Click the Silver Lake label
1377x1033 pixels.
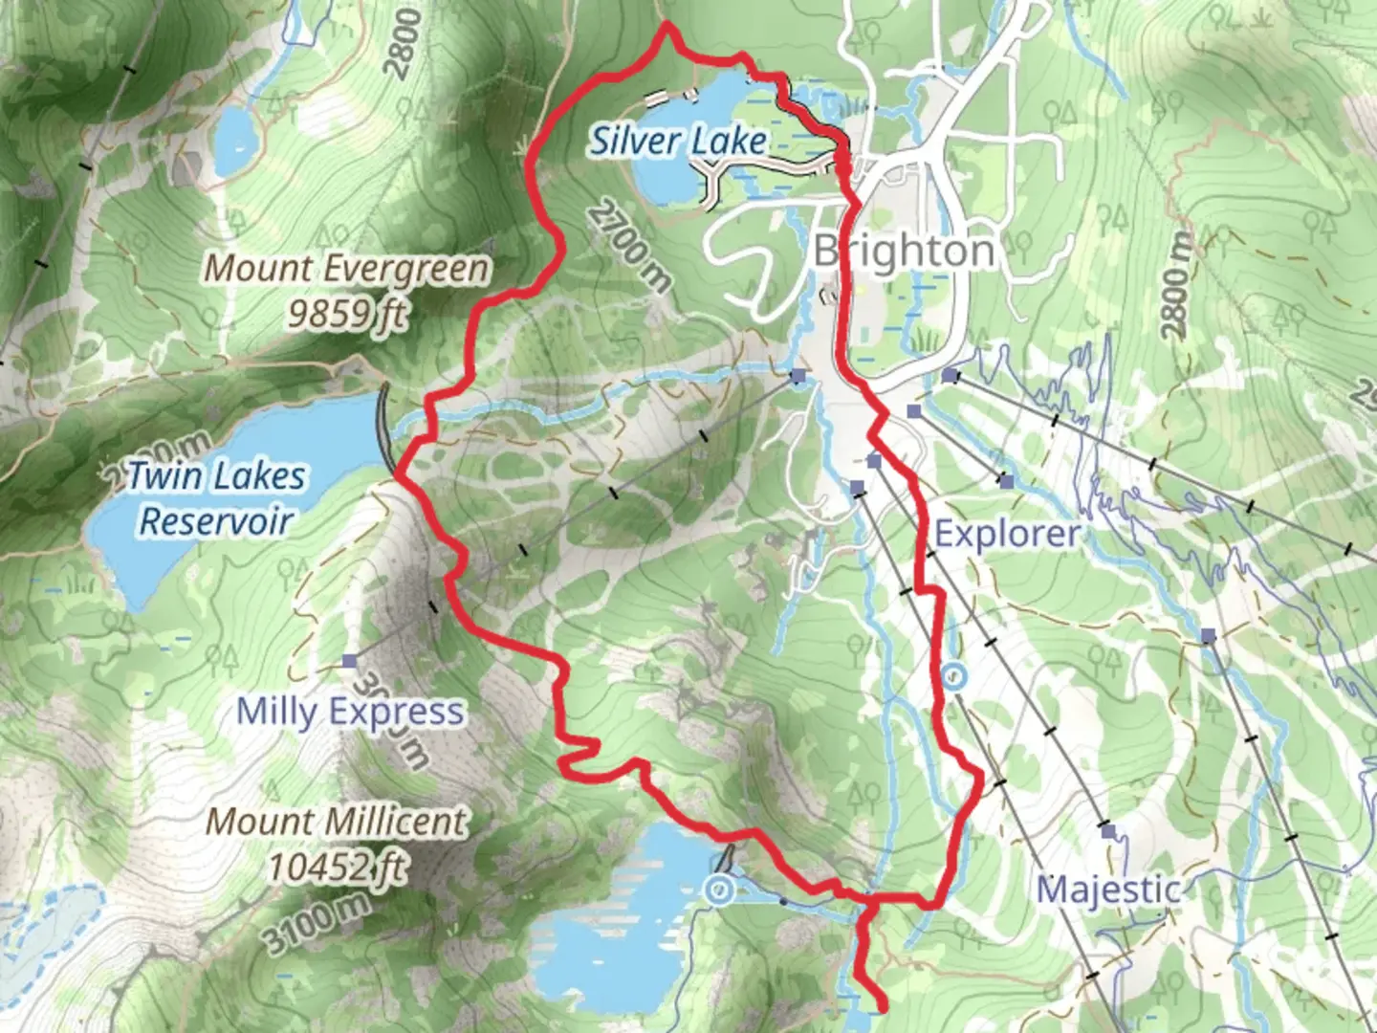pyautogui.click(x=677, y=142)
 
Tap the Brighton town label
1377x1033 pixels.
pyautogui.click(x=904, y=252)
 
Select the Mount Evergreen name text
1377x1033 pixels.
pyautogui.click(x=346, y=268)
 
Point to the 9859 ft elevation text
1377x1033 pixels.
pyautogui.click(x=347, y=313)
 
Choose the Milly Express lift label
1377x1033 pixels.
pyautogui.click(x=350, y=712)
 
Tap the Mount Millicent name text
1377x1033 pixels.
pyautogui.click(x=337, y=821)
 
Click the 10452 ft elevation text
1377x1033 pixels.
pyautogui.click(x=337, y=868)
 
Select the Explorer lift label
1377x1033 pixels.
pyautogui.click(x=1007, y=534)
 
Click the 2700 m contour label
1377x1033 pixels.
pyautogui.click(x=629, y=245)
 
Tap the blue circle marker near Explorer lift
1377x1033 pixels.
pyautogui.click(x=954, y=677)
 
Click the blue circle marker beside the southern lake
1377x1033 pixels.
pyautogui.click(x=719, y=890)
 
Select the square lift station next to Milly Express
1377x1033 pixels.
pyautogui.click(x=349, y=661)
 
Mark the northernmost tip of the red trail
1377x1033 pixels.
pyautogui.click(x=667, y=25)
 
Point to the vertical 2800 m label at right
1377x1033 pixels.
pyautogui.click(x=1180, y=285)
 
